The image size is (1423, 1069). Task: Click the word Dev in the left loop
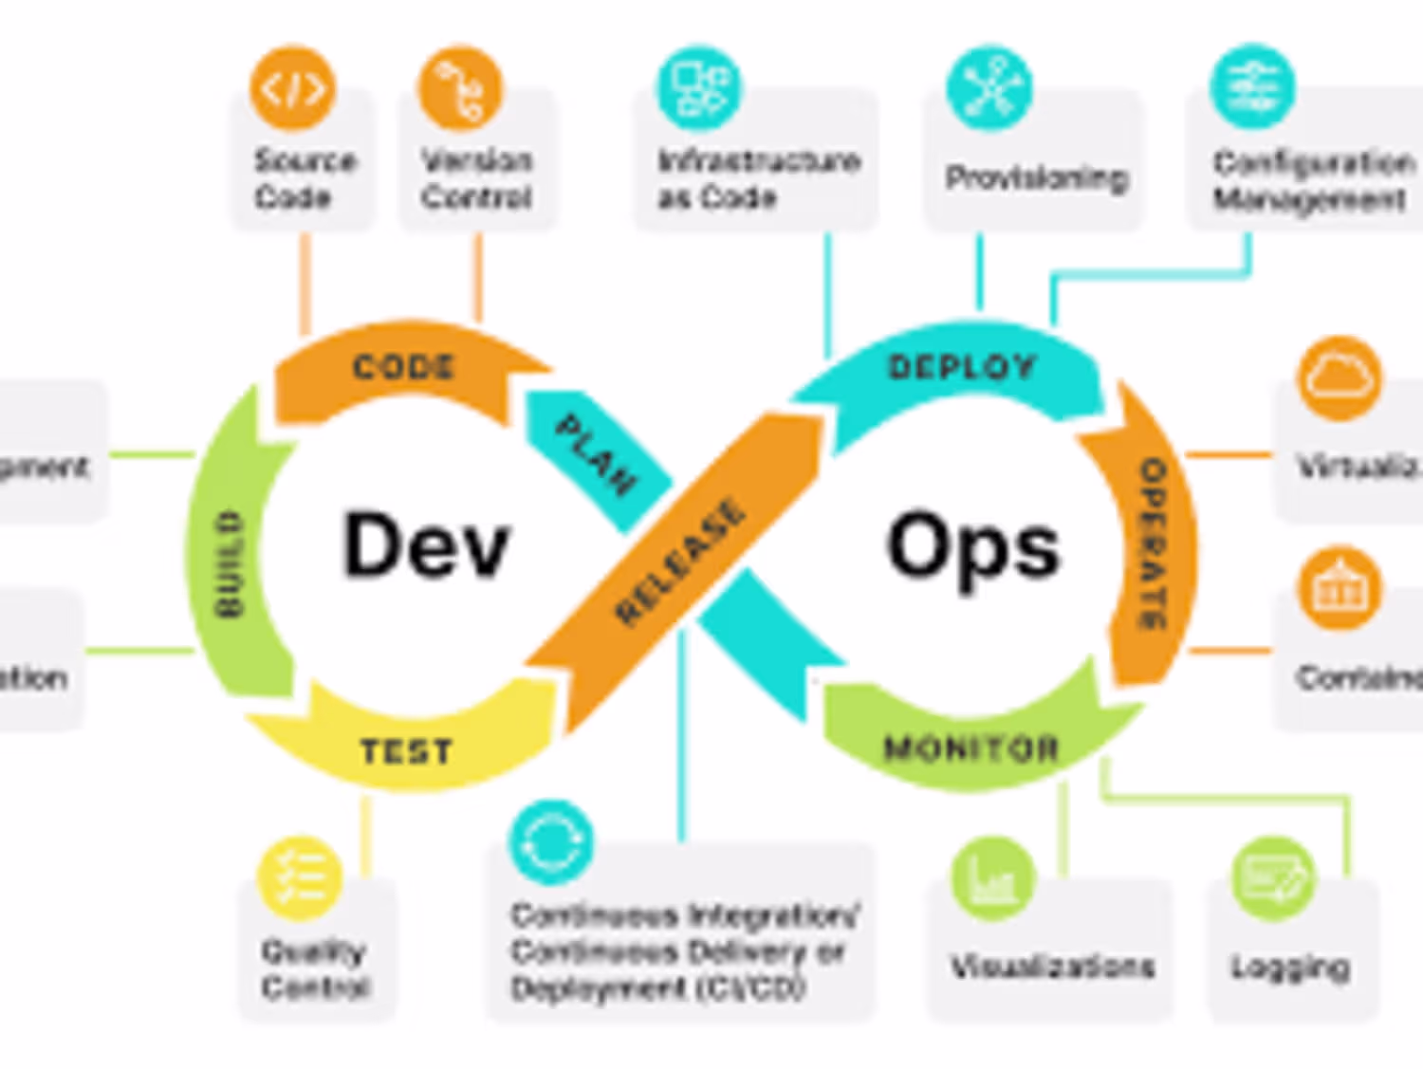click(x=426, y=544)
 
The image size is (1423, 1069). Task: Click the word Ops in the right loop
click(x=972, y=548)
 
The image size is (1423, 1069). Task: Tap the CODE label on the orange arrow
click(x=404, y=367)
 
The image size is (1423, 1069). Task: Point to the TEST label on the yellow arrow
click(x=406, y=751)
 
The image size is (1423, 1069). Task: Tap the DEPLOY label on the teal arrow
click(x=961, y=367)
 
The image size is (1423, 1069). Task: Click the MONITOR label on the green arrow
click(x=970, y=748)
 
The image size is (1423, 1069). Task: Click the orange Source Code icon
click(x=293, y=88)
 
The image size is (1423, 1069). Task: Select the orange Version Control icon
click(x=460, y=88)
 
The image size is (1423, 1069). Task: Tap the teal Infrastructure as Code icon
click(x=700, y=88)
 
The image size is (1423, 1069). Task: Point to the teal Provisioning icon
click(x=989, y=88)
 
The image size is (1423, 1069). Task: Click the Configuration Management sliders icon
click(x=1252, y=88)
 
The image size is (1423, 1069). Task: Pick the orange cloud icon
click(x=1340, y=378)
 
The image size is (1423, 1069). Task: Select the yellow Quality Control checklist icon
click(x=300, y=878)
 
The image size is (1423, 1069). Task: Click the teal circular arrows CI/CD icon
click(x=550, y=842)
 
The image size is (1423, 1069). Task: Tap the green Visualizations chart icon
click(x=992, y=878)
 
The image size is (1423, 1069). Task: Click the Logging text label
click(x=1290, y=967)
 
